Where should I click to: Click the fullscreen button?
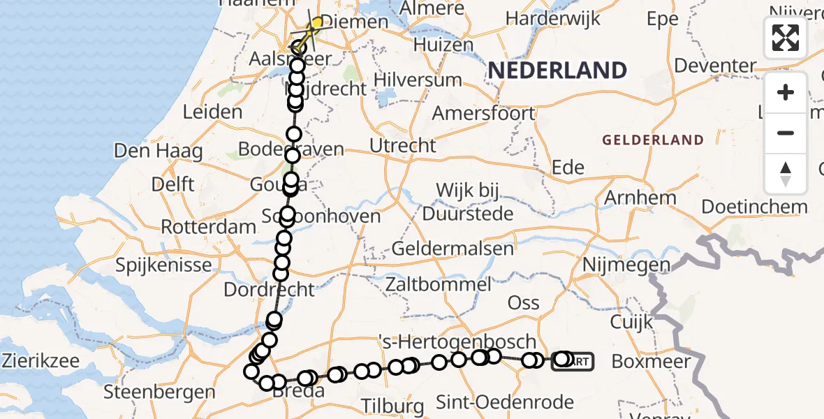coord(786,38)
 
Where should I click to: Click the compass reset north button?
coord(786,174)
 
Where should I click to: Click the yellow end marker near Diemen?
coord(316,24)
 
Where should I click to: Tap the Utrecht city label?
coord(403,146)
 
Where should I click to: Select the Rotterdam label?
coord(209,227)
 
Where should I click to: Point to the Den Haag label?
coord(159,151)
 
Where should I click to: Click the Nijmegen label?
coord(626,265)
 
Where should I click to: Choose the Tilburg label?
coord(393,406)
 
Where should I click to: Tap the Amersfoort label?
coord(483,113)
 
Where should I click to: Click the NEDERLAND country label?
coord(557,70)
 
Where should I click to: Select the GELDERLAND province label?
coord(653,140)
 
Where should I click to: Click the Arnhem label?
coord(640,198)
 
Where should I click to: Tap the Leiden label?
coord(212,112)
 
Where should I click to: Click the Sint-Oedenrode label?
coord(505,402)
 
